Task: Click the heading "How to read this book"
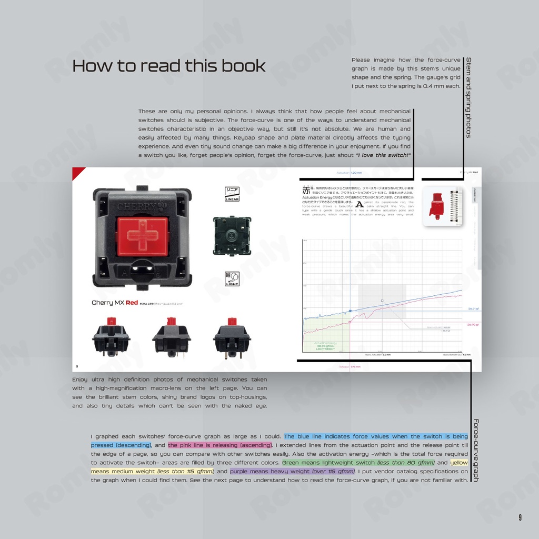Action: pos(168,66)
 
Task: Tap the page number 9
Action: pos(520,518)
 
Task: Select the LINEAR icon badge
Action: pos(232,194)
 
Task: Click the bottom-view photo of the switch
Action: pos(232,236)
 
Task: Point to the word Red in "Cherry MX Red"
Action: pos(132,303)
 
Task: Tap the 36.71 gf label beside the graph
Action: pos(473,309)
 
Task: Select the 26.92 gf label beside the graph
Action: pos(473,325)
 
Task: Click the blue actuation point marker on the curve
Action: pos(351,311)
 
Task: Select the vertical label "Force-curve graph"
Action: pos(476,450)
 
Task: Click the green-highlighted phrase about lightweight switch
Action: pos(358,463)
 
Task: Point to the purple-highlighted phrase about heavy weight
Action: pos(292,472)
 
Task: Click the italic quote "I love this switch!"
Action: pos(383,155)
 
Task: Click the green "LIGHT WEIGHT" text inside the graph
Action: pos(325,349)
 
